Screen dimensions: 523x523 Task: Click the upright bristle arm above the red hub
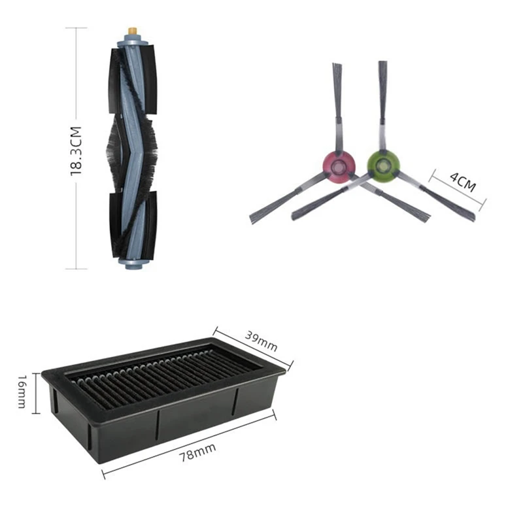click(337, 105)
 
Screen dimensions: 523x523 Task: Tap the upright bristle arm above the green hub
click(382, 101)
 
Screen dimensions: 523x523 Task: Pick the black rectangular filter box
click(163, 399)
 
